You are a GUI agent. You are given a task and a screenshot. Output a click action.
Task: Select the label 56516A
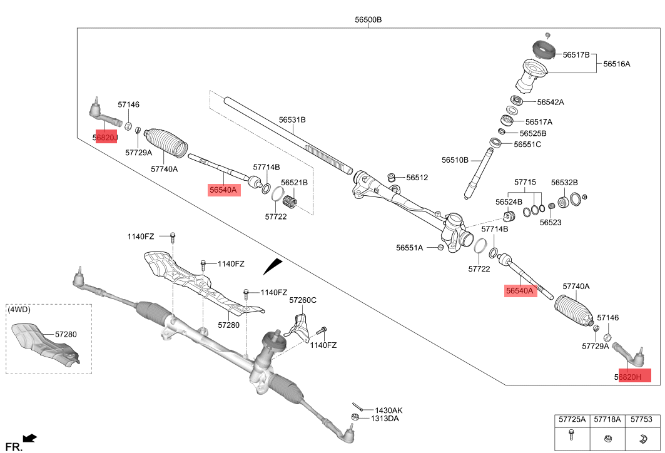click(617, 64)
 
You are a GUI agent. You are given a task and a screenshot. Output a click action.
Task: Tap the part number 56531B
click(292, 120)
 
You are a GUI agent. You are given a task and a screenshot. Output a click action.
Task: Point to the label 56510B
click(455, 160)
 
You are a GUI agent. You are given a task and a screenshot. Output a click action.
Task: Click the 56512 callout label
click(417, 178)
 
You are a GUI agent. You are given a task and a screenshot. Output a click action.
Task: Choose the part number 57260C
click(303, 300)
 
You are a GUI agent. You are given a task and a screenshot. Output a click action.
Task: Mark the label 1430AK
click(385, 410)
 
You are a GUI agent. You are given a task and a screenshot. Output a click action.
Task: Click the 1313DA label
click(385, 419)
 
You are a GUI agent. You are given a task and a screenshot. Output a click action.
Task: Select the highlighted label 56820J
click(106, 137)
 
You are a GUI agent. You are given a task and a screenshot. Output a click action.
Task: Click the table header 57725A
click(572, 420)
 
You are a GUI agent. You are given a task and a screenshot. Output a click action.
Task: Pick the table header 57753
click(641, 420)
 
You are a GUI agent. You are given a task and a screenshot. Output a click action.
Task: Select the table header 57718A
click(607, 420)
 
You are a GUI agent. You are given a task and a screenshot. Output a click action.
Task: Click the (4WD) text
click(19, 310)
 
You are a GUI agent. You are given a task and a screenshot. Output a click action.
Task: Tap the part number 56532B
click(564, 183)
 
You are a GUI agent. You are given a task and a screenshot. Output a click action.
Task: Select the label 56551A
click(409, 248)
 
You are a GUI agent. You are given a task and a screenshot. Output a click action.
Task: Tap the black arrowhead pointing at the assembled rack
click(273, 267)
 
